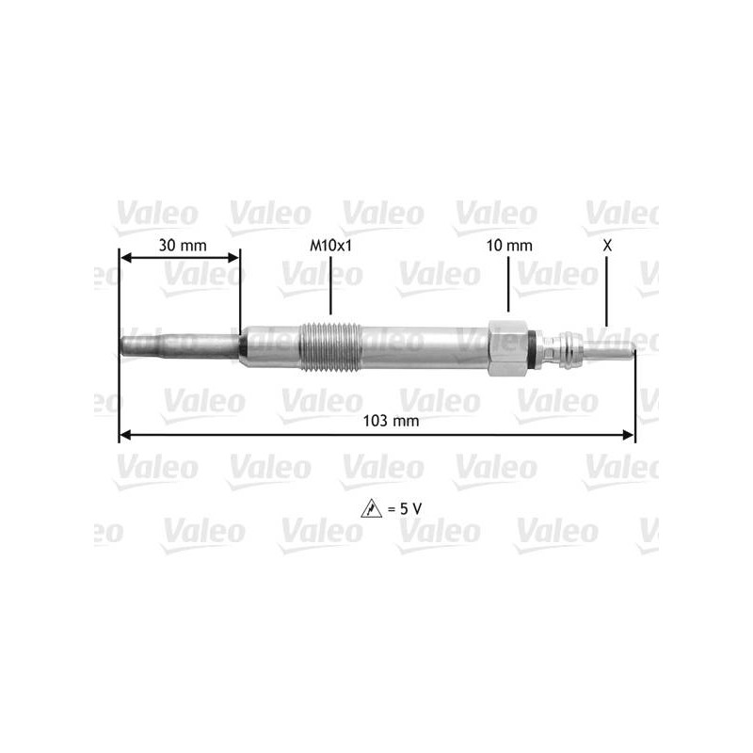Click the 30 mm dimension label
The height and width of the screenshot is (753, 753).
pyautogui.click(x=183, y=246)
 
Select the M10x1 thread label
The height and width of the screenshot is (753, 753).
pyautogui.click(x=330, y=246)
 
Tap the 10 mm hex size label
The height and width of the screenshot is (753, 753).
pyautogui.click(x=509, y=246)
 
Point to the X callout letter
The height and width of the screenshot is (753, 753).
pyautogui.click(x=607, y=246)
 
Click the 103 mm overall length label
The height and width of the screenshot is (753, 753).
pyautogui.click(x=391, y=421)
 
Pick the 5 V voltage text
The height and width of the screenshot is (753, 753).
pyautogui.click(x=405, y=508)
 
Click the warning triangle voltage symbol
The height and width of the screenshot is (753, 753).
pyautogui.click(x=371, y=508)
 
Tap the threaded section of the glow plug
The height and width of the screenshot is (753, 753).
pyautogui.click(x=330, y=346)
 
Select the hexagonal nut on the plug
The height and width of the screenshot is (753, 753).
pyautogui.click(x=507, y=347)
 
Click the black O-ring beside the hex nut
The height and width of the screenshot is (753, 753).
pyautogui.click(x=531, y=347)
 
